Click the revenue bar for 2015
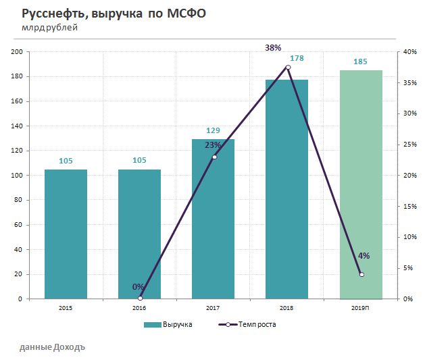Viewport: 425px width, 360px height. click(x=66, y=234)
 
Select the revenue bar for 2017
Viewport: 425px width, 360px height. click(x=213, y=219)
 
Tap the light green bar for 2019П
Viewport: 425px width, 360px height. click(x=361, y=184)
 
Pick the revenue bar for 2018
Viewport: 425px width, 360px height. click(x=287, y=189)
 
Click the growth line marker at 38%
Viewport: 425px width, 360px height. click(x=288, y=67)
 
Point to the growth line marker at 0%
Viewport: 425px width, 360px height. click(x=140, y=298)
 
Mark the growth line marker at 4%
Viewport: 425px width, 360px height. click(x=361, y=274)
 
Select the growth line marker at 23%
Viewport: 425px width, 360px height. click(x=214, y=157)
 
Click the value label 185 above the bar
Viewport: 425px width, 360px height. click(x=361, y=62)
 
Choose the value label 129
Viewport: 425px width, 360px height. click(x=214, y=130)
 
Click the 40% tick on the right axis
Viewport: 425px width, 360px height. click(x=409, y=52)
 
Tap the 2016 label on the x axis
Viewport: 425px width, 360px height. click(x=139, y=308)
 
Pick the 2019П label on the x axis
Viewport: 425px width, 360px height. click(x=361, y=308)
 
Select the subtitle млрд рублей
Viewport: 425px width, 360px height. click(x=49, y=28)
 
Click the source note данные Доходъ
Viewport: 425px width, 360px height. click(x=53, y=346)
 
